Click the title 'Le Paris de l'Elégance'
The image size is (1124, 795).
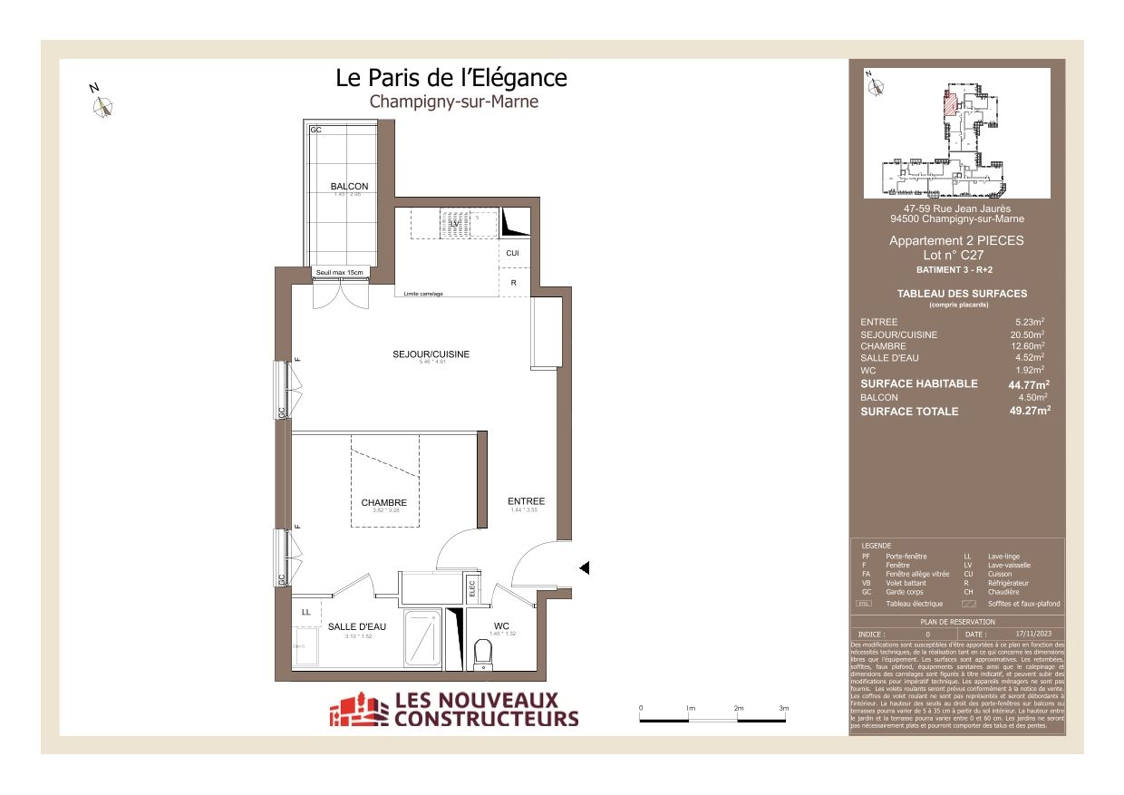[451, 78]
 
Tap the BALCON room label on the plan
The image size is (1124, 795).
[349, 187]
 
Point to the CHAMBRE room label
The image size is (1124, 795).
[383, 503]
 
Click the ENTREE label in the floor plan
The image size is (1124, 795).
[526, 501]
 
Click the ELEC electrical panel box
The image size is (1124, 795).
[472, 590]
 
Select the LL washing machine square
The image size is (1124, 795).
[305, 613]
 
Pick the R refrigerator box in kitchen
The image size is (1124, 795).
[514, 283]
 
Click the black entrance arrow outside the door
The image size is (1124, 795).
[585, 567]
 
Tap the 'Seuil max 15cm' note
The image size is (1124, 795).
[340, 272]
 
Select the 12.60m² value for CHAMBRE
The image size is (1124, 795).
[1030, 345]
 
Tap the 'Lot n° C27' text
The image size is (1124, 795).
[956, 256]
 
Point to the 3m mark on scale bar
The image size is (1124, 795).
[784, 708]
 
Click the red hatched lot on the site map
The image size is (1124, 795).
[949, 104]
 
